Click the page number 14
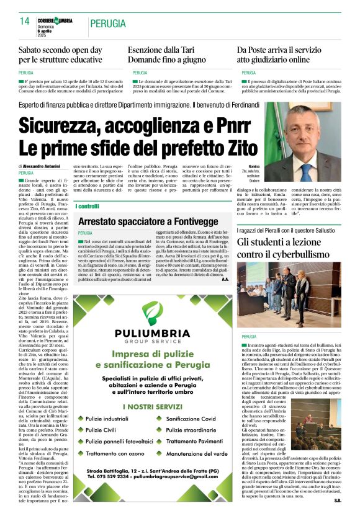coord(24,20)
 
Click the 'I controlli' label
coord(89,206)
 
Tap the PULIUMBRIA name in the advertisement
coord(151,333)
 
